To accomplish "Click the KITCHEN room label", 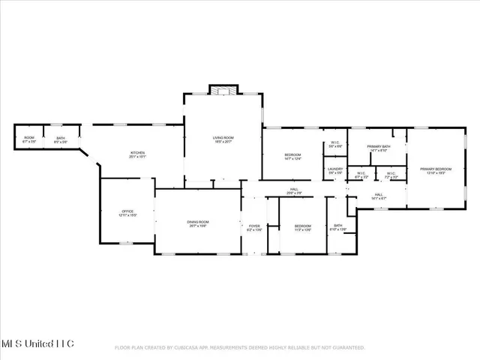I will click(x=136, y=155).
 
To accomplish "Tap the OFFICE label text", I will click(x=127, y=214).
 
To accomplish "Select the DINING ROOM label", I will click(x=198, y=223).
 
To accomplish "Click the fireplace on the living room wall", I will click(x=223, y=90).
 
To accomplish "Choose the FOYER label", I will click(x=254, y=226).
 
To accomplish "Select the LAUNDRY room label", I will click(x=335, y=171).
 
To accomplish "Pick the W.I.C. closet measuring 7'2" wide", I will click(x=391, y=175).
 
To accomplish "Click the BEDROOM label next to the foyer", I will click(x=302, y=227).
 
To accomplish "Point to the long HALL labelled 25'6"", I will click(x=295, y=191).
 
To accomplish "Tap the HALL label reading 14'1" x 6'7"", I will click(x=379, y=197).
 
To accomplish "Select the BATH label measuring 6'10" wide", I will click(x=338, y=227).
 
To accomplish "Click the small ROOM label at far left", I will click(x=29, y=139).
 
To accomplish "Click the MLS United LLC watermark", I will click(x=37, y=343).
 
